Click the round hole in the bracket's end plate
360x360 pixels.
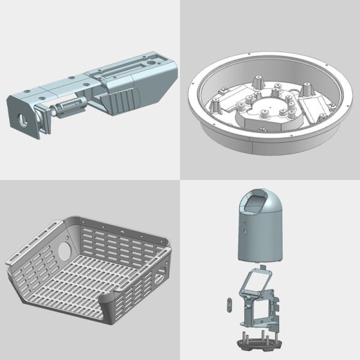(x=23, y=118)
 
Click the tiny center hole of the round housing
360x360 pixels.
(x=266, y=111)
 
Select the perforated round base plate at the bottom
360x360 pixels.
(x=257, y=344)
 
